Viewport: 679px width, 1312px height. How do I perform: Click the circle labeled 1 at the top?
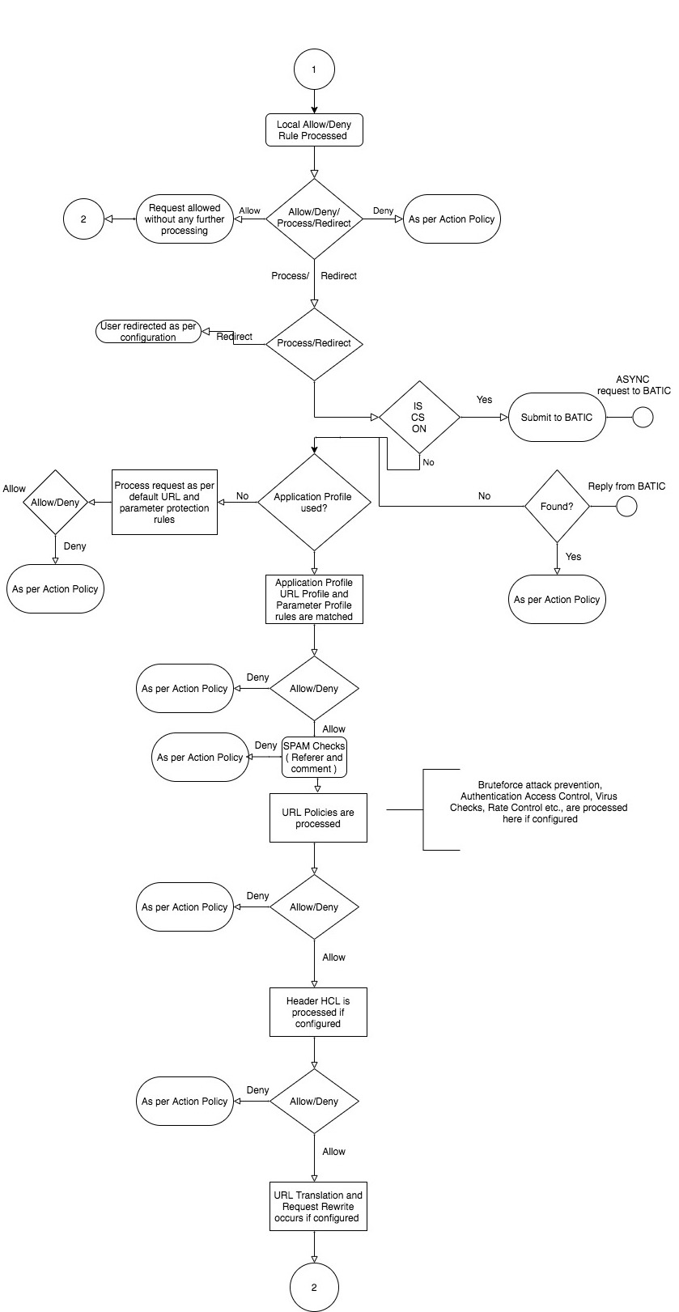(x=314, y=70)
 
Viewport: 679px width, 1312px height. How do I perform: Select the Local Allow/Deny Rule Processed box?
(x=314, y=130)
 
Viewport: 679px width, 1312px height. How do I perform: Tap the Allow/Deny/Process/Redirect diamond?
(x=314, y=218)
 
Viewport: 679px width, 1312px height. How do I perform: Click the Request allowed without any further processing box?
(x=185, y=219)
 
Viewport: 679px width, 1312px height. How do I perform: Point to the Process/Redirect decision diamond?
(x=314, y=343)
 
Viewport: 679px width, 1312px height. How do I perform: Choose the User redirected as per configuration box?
(x=148, y=332)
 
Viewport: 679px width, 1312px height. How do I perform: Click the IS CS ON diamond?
(x=418, y=418)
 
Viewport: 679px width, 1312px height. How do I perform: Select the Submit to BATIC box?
(x=557, y=418)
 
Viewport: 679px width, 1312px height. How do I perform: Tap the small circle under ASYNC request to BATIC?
(x=642, y=418)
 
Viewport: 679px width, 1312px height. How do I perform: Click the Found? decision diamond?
(x=557, y=507)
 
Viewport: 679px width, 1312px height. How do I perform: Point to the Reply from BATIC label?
(x=626, y=486)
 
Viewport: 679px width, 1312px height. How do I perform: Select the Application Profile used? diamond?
(x=313, y=503)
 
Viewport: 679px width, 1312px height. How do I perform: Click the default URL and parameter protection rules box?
(x=164, y=503)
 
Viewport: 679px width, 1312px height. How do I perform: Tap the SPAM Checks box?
(x=314, y=758)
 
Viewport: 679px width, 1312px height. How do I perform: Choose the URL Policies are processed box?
(x=318, y=818)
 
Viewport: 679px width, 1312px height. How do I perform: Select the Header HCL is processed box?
(x=318, y=1013)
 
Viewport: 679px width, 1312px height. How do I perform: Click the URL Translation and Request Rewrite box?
(x=318, y=1207)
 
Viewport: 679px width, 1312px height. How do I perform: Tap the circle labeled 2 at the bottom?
(x=314, y=1287)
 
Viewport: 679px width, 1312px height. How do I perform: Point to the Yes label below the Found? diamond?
(x=573, y=557)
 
